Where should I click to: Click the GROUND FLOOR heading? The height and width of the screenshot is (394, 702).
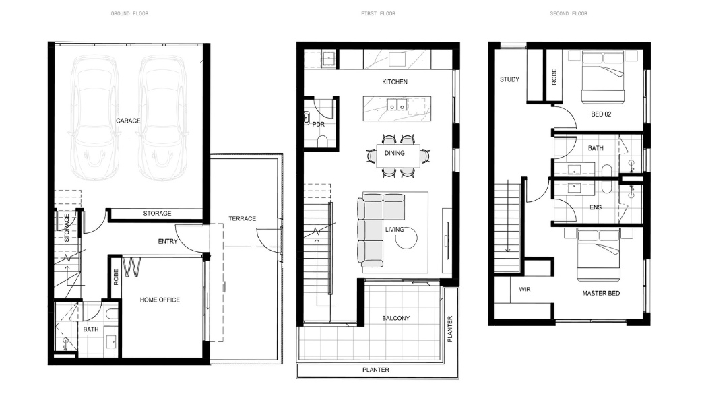coord(129,14)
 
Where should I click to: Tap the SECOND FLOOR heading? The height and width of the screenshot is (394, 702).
coord(569,14)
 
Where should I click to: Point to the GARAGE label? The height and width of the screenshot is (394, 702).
coord(128,121)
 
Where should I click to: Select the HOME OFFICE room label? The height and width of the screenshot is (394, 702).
coord(160,300)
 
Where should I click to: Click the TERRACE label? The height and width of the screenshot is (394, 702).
coord(243,218)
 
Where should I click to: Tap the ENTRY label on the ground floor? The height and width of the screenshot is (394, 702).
coord(168,241)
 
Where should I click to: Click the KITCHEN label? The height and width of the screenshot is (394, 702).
coord(395,82)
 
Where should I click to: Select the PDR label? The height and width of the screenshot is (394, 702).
coord(318,124)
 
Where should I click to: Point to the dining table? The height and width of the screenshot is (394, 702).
coord(398,156)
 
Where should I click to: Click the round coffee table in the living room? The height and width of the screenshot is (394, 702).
coord(406,237)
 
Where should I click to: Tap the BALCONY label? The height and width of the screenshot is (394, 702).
coord(395,318)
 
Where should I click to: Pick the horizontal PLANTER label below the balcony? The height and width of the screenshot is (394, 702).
coord(376,370)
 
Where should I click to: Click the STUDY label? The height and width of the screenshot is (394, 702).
coord(509,79)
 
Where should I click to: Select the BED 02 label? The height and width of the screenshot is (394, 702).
coord(601,114)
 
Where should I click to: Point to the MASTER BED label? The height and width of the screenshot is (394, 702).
coord(601,293)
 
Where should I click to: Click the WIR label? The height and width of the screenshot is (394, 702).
coord(525,289)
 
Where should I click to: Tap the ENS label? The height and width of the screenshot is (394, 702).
coord(596,207)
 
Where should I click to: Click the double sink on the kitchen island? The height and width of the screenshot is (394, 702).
coord(397,104)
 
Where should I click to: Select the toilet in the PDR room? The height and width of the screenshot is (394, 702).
coord(322,141)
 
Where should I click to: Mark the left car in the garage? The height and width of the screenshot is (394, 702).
coord(94,118)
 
